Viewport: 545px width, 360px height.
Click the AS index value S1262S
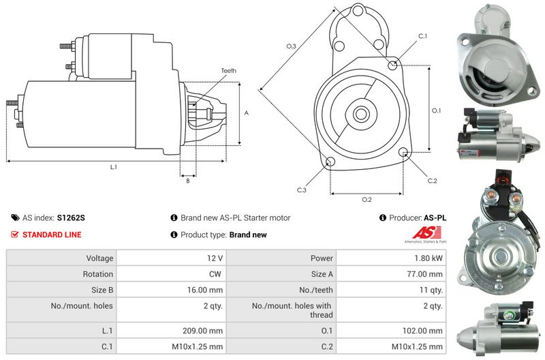pos(71,218)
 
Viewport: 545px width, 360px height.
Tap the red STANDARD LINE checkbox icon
pos(15,235)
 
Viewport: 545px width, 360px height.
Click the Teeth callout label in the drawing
pos(228,71)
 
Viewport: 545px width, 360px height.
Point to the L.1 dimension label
pos(114,167)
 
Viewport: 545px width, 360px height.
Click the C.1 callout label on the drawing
pos(422,36)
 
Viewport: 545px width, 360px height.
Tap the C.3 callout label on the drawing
pos(301,190)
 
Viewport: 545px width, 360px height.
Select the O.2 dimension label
pos(367,200)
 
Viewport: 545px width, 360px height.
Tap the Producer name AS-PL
pos(435,218)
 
